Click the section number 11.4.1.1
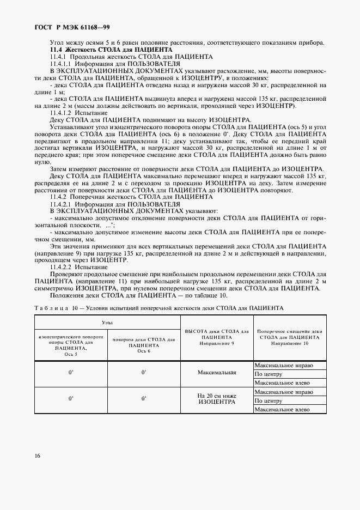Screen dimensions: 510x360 [x=62, y=64]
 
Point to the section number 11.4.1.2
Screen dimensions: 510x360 [x=62, y=113]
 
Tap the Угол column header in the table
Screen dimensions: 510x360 [x=107, y=323]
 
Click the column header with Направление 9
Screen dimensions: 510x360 [x=217, y=337]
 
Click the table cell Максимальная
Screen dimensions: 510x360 [x=217, y=373]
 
